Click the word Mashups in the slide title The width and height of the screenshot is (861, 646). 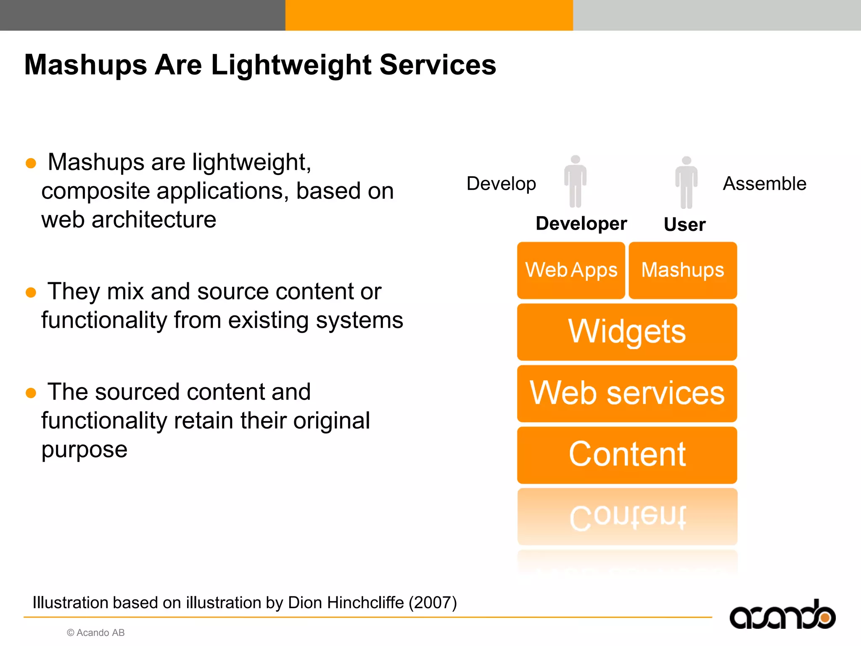pyautogui.click(x=86, y=66)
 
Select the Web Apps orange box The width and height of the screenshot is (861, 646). pyautogui.click(x=571, y=270)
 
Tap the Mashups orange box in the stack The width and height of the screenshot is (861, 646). pyautogui.click(x=682, y=270)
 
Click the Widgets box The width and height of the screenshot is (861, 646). pyautogui.click(x=627, y=332)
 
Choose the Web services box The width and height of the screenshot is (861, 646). pyautogui.click(x=627, y=393)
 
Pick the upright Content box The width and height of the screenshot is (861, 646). pyautogui.click(x=627, y=455)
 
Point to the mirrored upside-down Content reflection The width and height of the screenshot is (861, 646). pyautogui.click(x=627, y=517)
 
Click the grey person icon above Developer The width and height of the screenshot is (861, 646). pyautogui.click(x=575, y=181)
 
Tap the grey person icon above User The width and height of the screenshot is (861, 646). pyautogui.click(x=686, y=182)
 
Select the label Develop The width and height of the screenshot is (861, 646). pyautogui.click(x=501, y=184)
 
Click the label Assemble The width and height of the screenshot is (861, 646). pyautogui.click(x=764, y=184)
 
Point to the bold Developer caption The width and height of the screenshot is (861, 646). pyautogui.click(x=581, y=223)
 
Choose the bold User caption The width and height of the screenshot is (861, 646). pyautogui.click(x=684, y=224)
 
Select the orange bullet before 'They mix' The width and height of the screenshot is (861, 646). pyautogui.click(x=31, y=292)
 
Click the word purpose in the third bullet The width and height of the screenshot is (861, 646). pyautogui.click(x=85, y=450)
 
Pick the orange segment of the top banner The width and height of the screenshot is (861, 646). pyautogui.click(x=429, y=15)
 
